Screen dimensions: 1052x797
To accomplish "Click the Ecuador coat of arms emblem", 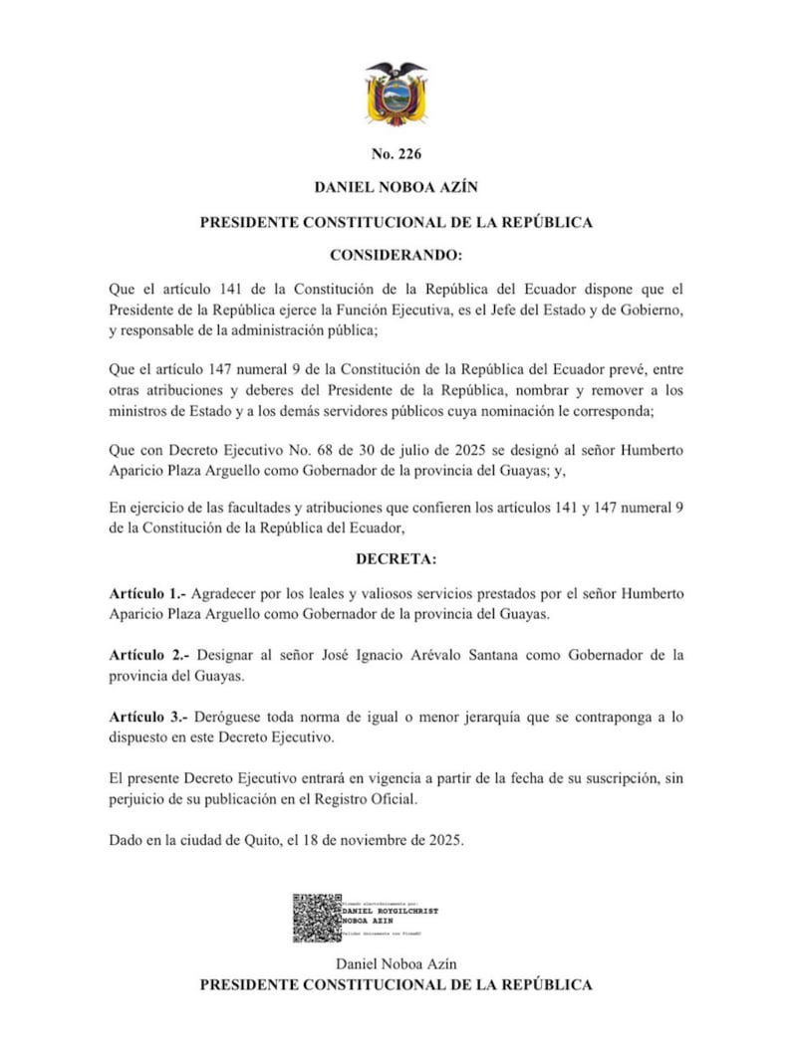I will point(397,94).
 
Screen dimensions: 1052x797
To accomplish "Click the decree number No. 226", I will point(397,154).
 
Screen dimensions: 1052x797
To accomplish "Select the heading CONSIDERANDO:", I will point(397,256).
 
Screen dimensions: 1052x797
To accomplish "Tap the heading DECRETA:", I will point(397,559).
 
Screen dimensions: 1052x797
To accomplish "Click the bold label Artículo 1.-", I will point(146,593).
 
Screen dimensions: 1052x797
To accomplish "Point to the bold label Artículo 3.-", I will point(149,716).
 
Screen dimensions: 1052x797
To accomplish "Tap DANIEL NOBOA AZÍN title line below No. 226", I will point(397,187).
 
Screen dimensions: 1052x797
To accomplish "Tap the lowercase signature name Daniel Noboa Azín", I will point(397,964).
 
